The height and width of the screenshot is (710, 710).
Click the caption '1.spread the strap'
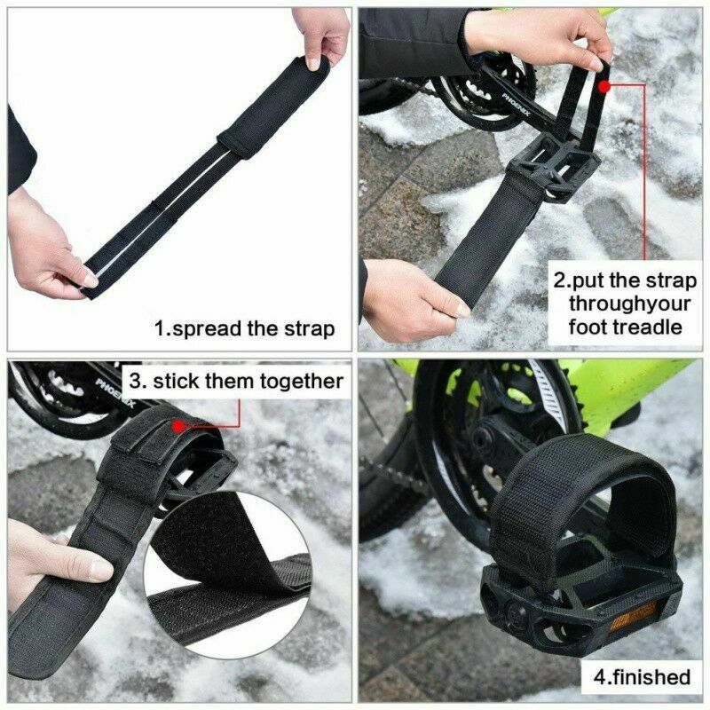pyautogui.click(x=245, y=328)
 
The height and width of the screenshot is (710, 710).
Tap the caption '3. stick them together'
pyautogui.click(x=236, y=382)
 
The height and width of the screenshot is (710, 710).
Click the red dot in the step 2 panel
pyautogui.click(x=604, y=86)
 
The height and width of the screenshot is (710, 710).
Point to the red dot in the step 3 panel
pyautogui.click(x=178, y=426)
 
